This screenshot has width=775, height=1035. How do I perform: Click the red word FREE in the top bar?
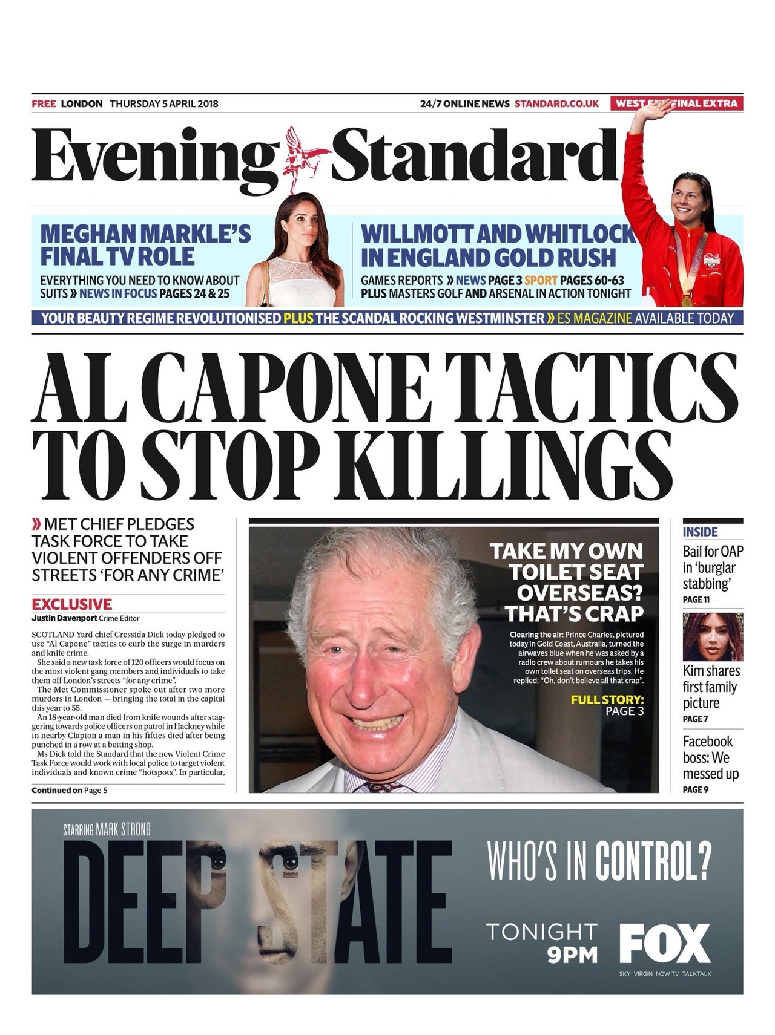pos(44,103)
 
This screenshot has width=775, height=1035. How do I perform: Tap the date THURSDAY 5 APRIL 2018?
pos(163,103)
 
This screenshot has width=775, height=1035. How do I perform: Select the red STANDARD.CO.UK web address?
pos(556,103)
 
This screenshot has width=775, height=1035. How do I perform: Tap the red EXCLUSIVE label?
pos(71,604)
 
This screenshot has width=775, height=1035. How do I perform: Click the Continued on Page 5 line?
pos(70,790)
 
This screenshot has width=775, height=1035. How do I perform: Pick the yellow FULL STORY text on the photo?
pos(607,700)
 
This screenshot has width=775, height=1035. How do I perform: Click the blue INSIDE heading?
pos(700,532)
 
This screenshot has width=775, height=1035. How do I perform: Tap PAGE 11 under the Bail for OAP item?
pos(696,599)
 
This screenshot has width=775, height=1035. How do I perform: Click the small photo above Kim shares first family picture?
pos(712,636)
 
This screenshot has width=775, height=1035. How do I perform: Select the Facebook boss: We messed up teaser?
pos(710,757)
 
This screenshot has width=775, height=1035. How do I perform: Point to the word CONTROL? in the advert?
pos(653,861)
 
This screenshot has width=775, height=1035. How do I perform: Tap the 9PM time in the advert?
pos(572,955)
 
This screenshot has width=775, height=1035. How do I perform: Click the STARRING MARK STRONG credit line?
pos(107,829)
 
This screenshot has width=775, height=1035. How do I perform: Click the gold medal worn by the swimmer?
pos(686,299)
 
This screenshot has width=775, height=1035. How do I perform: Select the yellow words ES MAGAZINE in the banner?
pos(594,318)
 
